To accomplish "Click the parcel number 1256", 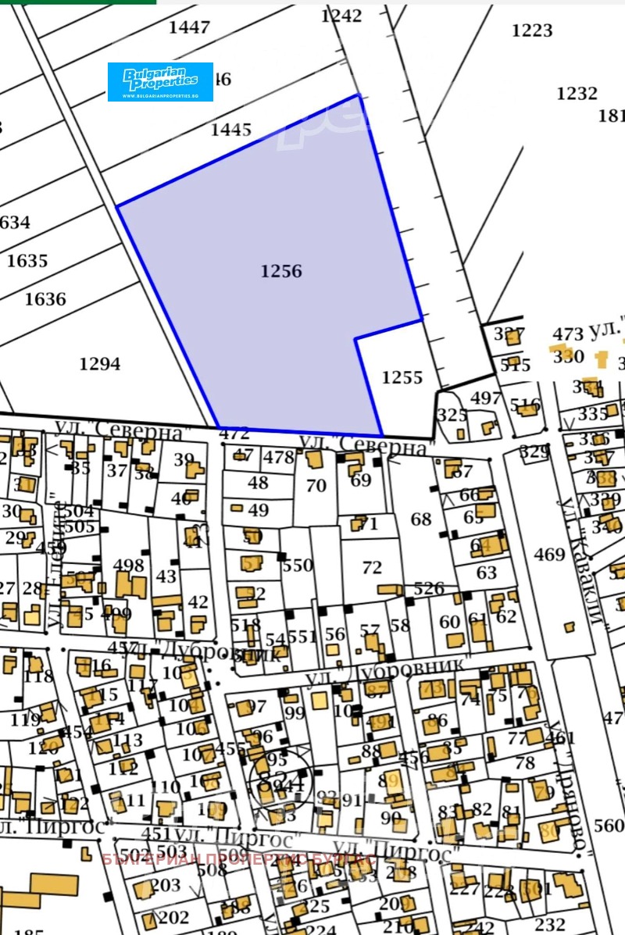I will [x=281, y=272].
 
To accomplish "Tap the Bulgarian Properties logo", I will [x=160, y=82].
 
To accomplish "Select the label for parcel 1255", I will [x=402, y=378].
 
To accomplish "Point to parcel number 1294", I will [x=100, y=364].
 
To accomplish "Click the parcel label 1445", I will [x=231, y=130].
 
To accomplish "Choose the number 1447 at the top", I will [x=189, y=28].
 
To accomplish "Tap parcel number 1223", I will [x=532, y=31].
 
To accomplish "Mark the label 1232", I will [x=577, y=94].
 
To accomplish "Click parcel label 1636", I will [x=45, y=299].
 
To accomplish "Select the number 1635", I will [x=27, y=261].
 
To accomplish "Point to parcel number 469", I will [x=549, y=555].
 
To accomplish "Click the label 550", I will [x=298, y=566].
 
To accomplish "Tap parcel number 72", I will [x=373, y=568].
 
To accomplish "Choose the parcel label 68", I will [x=421, y=519].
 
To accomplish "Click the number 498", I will [x=129, y=566].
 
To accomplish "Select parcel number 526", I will [x=429, y=589].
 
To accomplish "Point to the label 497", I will [x=486, y=398].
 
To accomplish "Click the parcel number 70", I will [x=316, y=486].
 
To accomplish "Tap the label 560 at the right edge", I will [x=609, y=826].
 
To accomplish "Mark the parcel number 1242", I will [x=341, y=16].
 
